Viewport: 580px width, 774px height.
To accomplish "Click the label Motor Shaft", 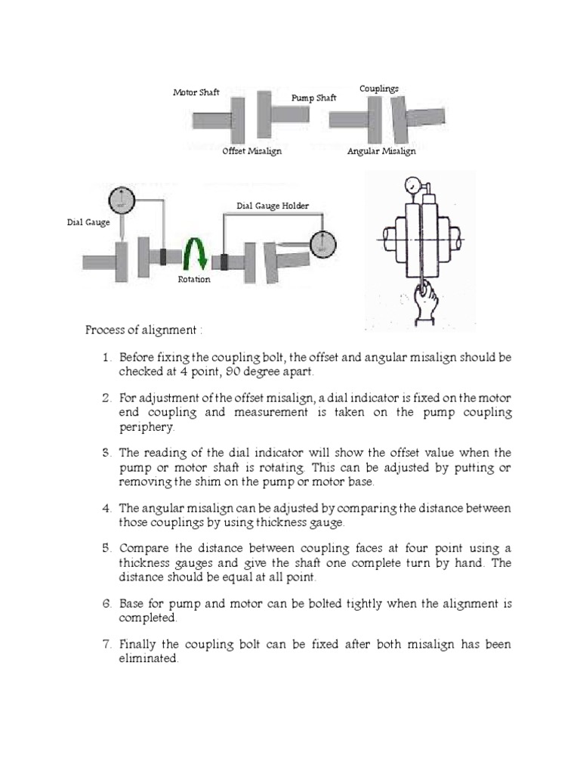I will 196,92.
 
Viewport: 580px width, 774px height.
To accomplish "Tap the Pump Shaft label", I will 314,98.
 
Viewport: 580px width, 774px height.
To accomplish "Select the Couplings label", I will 378,89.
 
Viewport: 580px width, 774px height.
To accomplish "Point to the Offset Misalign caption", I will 252,151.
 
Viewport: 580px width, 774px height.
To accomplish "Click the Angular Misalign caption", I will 381,151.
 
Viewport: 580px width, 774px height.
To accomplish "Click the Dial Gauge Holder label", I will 273,206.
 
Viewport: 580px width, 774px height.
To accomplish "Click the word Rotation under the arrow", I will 194,280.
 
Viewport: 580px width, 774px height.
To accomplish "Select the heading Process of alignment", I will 143,330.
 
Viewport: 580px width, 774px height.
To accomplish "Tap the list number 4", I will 106,509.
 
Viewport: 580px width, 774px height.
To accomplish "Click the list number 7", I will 106,645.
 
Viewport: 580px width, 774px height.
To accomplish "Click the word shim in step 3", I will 261,481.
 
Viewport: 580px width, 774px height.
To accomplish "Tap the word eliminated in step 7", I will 148,658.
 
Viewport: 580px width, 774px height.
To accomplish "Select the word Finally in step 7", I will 139,645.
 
